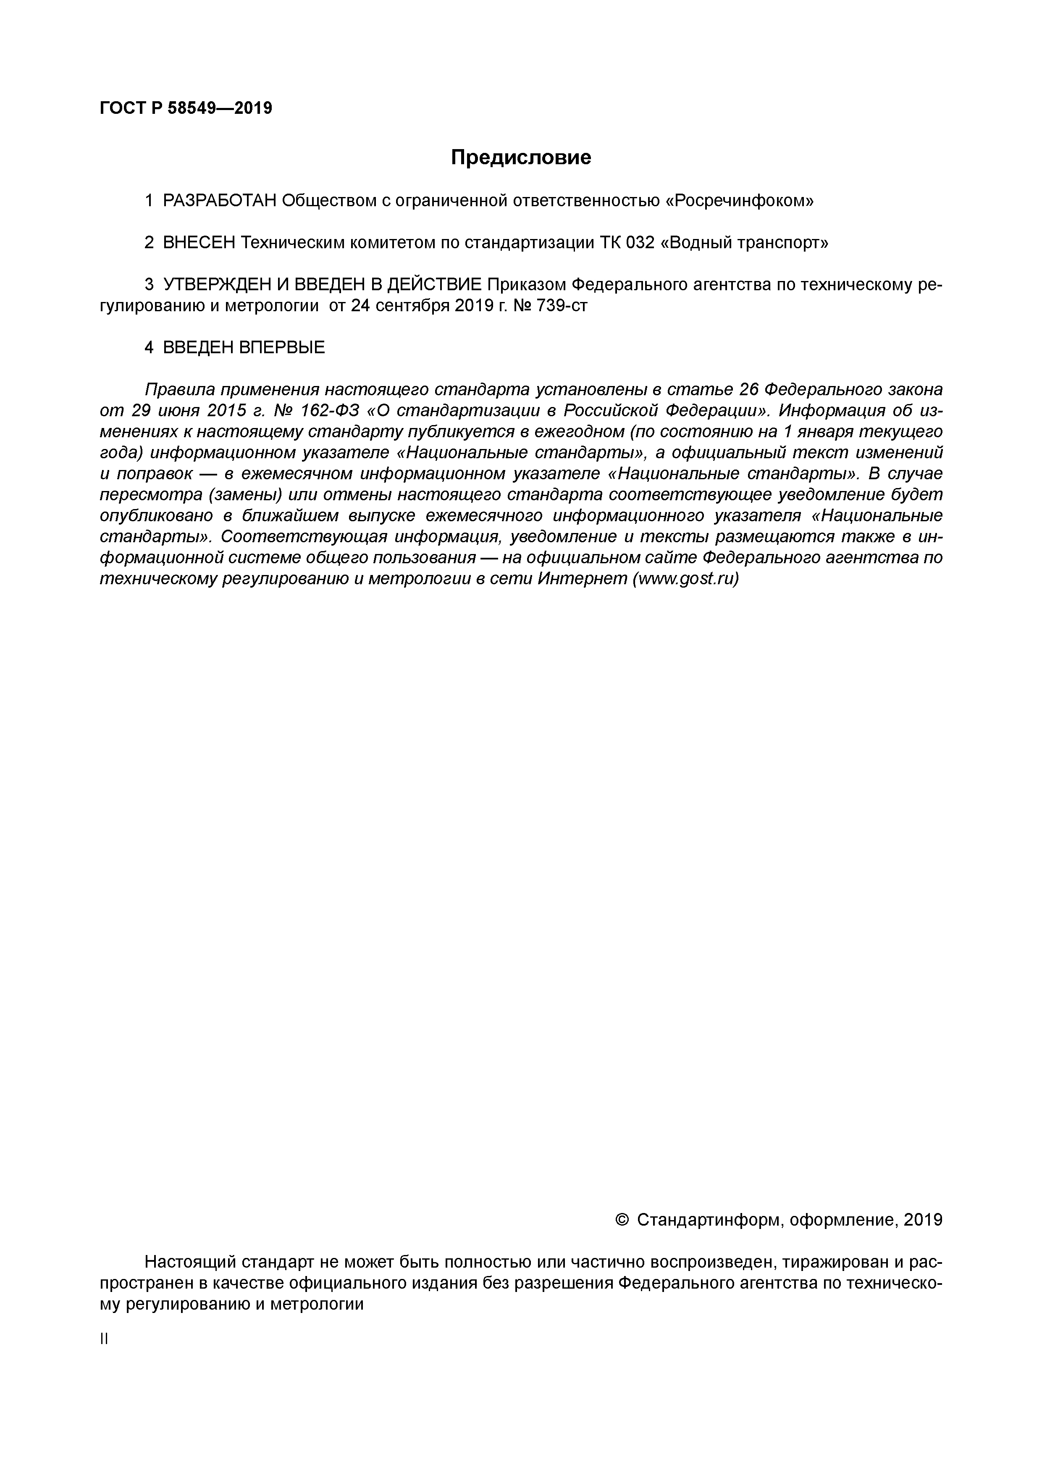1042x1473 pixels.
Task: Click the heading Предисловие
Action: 520,157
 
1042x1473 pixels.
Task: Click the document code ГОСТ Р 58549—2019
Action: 186,108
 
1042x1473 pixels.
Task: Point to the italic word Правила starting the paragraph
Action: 179,389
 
